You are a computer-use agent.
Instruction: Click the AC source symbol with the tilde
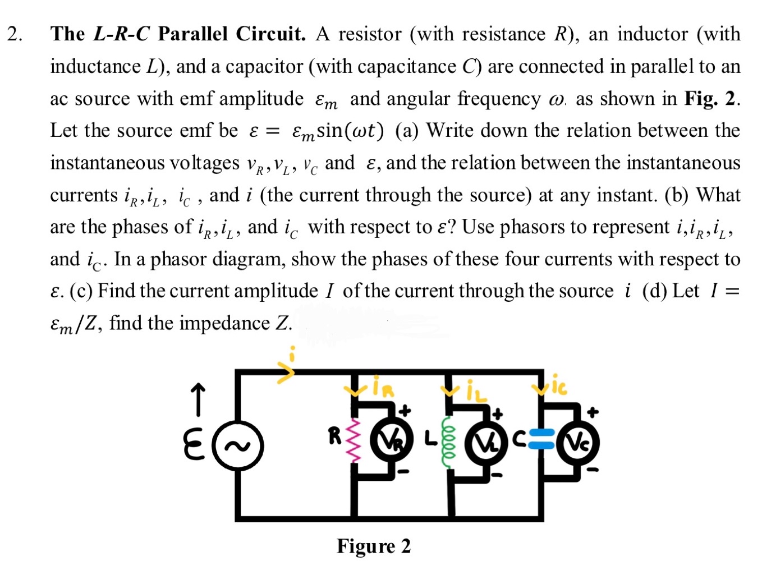pos(238,446)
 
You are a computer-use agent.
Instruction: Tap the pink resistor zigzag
pos(354,441)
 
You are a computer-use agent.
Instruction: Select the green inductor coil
pos(449,442)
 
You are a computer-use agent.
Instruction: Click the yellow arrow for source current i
pos(286,371)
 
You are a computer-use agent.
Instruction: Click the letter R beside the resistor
pos(335,435)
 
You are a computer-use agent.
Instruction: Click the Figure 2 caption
pos(374,546)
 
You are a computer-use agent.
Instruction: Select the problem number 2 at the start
pos(15,34)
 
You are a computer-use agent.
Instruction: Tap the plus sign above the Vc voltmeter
pos(593,412)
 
